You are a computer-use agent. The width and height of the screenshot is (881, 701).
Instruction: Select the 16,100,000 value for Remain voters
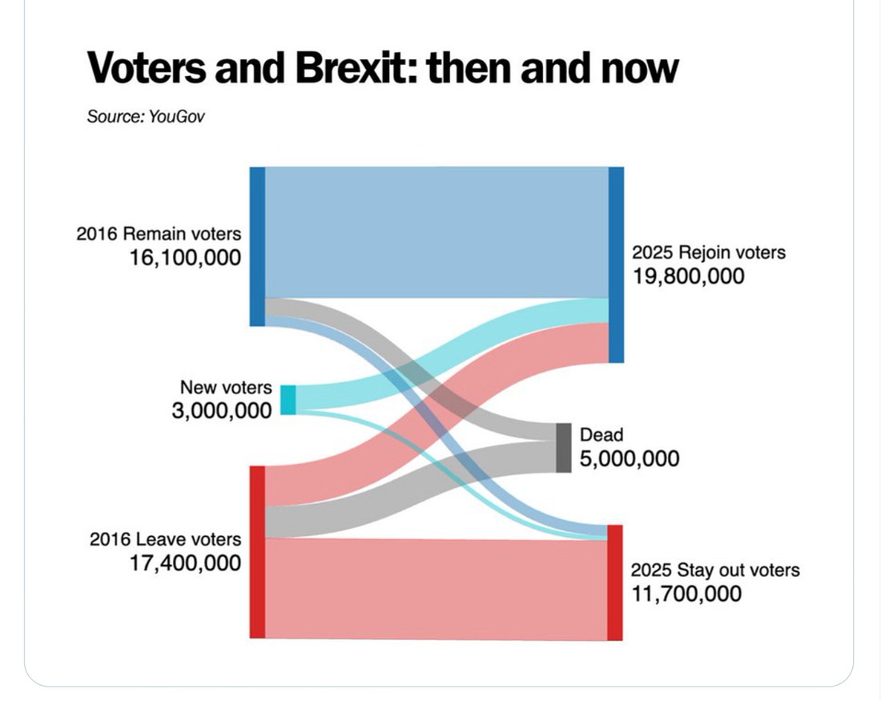pyautogui.click(x=184, y=257)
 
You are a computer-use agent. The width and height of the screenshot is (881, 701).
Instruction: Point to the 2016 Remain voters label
pyautogui.click(x=159, y=234)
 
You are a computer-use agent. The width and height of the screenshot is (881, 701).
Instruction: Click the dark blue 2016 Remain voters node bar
pyautogui.click(x=257, y=246)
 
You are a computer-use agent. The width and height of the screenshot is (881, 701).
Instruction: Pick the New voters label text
pyautogui.click(x=226, y=387)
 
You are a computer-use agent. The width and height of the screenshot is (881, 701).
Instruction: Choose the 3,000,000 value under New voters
pyautogui.click(x=222, y=410)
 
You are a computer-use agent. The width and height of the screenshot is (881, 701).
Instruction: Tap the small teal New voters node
pyautogui.click(x=288, y=400)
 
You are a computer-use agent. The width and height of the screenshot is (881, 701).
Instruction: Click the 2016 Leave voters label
pyautogui.click(x=165, y=539)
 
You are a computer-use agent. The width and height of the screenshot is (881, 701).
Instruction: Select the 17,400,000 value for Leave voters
pyautogui.click(x=185, y=563)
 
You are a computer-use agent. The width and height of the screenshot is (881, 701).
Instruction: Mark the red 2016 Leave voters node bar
pyautogui.click(x=257, y=552)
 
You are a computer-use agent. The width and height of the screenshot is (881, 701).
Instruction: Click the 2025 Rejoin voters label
pyautogui.click(x=709, y=252)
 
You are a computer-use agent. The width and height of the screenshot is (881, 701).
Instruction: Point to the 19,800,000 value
pyautogui.click(x=688, y=276)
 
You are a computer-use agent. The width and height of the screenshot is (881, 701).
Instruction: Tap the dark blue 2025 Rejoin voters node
pyautogui.click(x=616, y=264)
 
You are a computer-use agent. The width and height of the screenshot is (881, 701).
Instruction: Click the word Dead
pyautogui.click(x=601, y=434)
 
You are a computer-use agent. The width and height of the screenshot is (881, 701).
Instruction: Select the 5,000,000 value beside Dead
pyautogui.click(x=629, y=458)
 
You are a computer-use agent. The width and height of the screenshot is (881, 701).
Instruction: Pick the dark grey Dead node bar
pyautogui.click(x=564, y=448)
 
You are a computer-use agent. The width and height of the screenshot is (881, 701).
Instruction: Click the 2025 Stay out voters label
pyautogui.click(x=715, y=570)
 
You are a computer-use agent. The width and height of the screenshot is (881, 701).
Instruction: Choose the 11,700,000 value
pyautogui.click(x=686, y=594)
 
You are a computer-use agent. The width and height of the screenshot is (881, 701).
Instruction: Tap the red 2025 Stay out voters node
pyautogui.click(x=614, y=582)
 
